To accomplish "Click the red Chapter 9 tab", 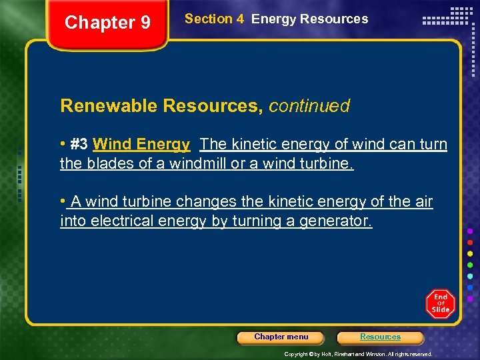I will (x=107, y=23).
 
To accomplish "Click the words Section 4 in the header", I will (x=214, y=19).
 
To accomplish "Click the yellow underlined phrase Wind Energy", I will (x=141, y=144).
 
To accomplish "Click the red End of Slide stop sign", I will (x=440, y=303).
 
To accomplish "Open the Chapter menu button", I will (x=281, y=337).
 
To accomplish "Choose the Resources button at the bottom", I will (x=380, y=337).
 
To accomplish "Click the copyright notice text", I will (x=358, y=354).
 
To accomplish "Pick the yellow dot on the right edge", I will (x=471, y=253).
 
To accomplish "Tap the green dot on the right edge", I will (x=471, y=265).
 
